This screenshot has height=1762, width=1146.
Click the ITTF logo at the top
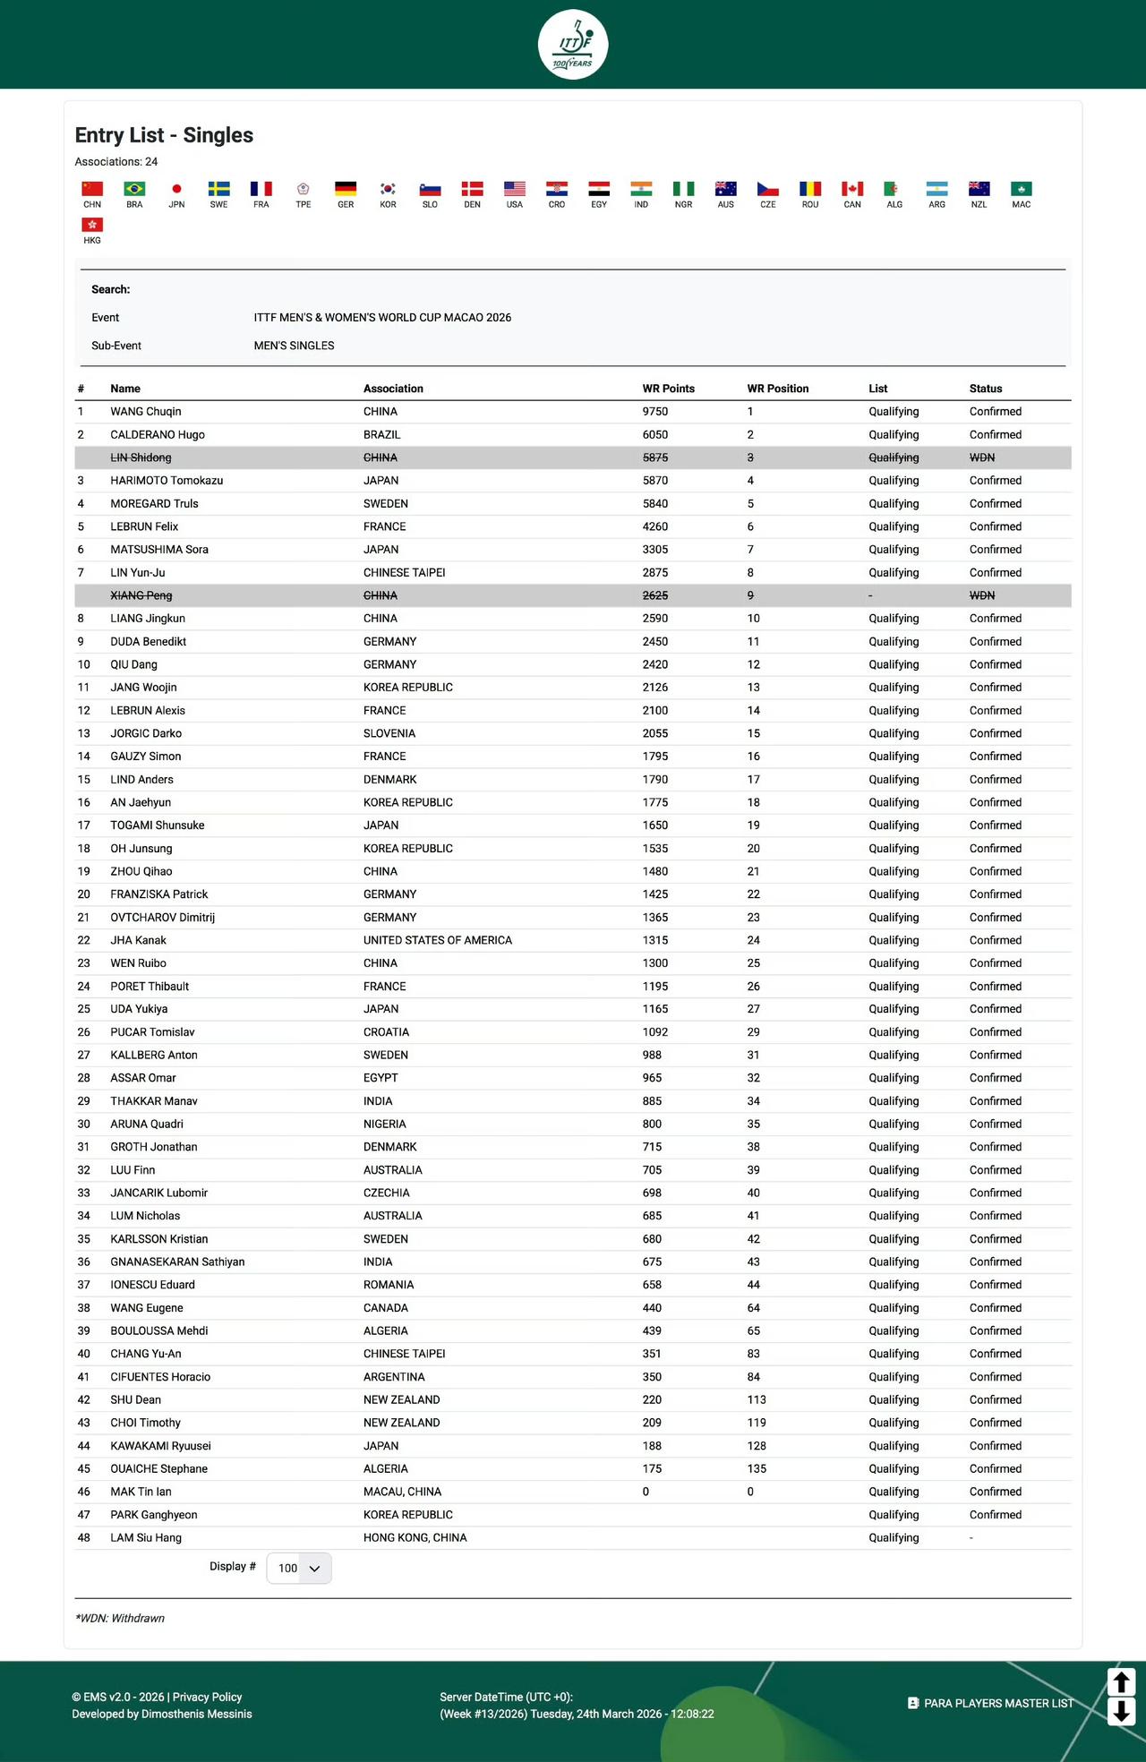573,44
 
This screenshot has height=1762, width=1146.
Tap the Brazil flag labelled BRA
134,189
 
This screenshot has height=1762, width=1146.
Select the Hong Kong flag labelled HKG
92,225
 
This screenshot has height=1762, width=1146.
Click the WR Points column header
668,389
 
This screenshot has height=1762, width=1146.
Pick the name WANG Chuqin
146,412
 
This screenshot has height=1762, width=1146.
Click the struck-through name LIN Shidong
141,458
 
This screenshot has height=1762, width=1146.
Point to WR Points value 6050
655,435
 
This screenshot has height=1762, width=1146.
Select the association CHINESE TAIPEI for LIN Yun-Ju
404,573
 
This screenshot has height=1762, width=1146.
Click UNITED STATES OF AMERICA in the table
438,940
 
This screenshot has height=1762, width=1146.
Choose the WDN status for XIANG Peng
982,595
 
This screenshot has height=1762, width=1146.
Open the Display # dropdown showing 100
299,1569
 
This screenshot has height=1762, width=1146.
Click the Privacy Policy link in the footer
207,1697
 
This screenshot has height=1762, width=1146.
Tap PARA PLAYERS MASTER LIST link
998,1703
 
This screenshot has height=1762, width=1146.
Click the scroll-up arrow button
1121,1681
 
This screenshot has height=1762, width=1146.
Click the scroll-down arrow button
1121,1711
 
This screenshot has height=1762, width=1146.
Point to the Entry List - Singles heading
164,135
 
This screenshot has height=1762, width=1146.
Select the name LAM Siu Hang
146,1537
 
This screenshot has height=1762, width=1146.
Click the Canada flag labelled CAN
852,189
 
